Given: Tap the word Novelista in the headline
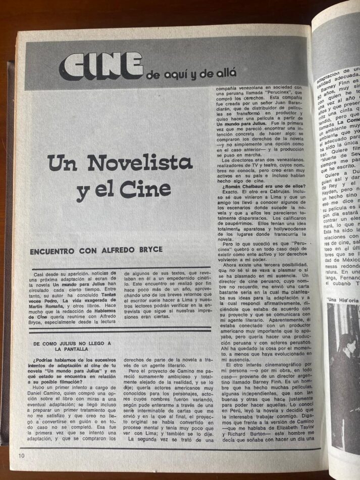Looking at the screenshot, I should click(x=140, y=162).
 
